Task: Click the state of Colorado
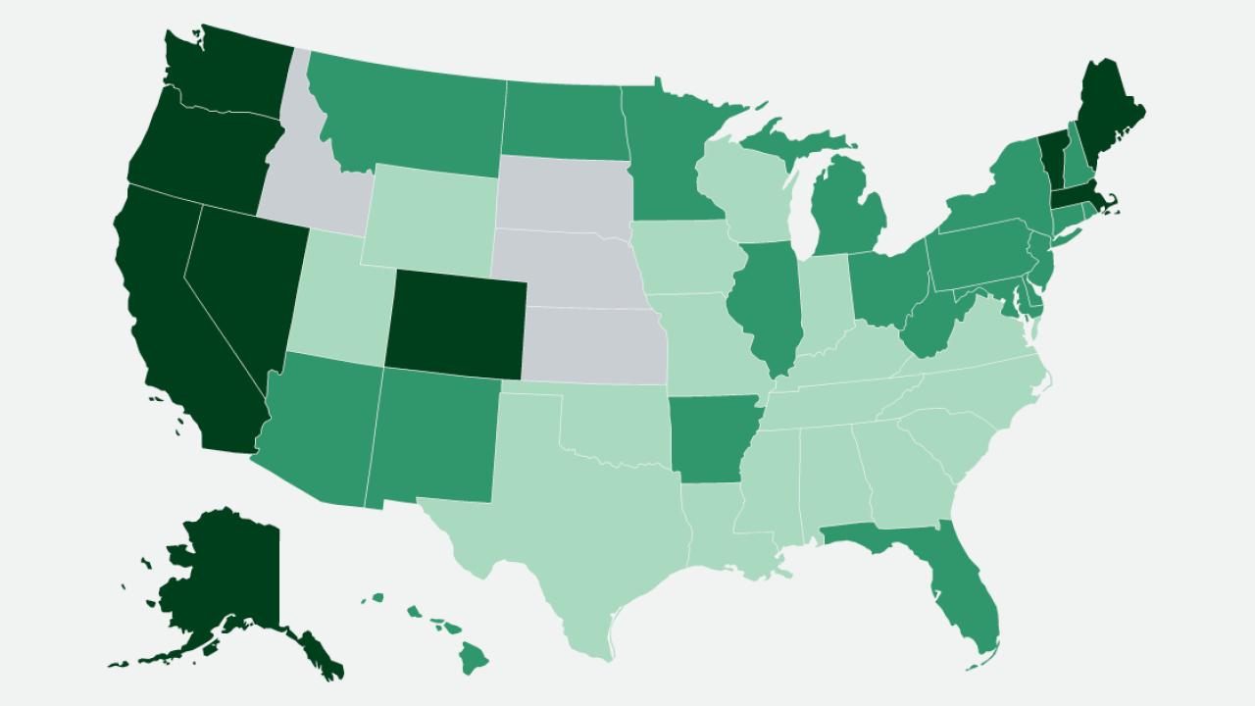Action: coord(455,320)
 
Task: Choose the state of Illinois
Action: coord(765,304)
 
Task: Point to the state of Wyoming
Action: coord(431,216)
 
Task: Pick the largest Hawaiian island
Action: coord(477,655)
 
